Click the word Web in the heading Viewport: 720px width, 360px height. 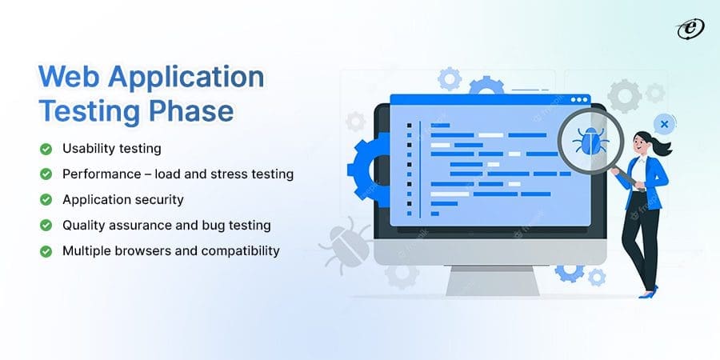pos(69,77)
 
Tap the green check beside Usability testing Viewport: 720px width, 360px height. pos(46,149)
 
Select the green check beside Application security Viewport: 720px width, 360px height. pos(46,200)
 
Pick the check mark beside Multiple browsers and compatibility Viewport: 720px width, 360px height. pos(46,251)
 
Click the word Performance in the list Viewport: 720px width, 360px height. pos(95,174)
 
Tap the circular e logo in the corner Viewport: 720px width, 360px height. pos(690,29)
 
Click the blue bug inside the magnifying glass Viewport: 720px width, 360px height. pos(590,141)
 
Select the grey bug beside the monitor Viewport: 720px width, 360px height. pos(346,246)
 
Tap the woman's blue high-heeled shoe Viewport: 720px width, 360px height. pos(648,293)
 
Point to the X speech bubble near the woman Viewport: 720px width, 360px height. pos(664,124)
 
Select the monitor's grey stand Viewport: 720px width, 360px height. pos(492,281)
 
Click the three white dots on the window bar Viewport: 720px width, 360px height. pos(579,100)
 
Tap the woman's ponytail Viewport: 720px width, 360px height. pos(662,147)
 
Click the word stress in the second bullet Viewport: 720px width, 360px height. pos(230,174)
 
